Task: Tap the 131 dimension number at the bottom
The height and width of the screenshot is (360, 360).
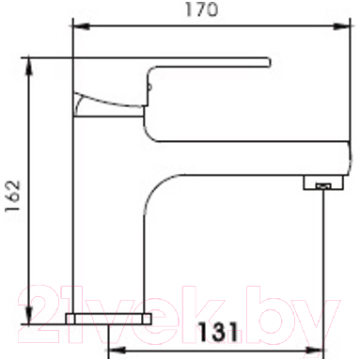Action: coord(218,333)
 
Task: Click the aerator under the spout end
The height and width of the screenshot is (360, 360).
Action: coord(321,185)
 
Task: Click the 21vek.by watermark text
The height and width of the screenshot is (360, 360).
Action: coord(179,304)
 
